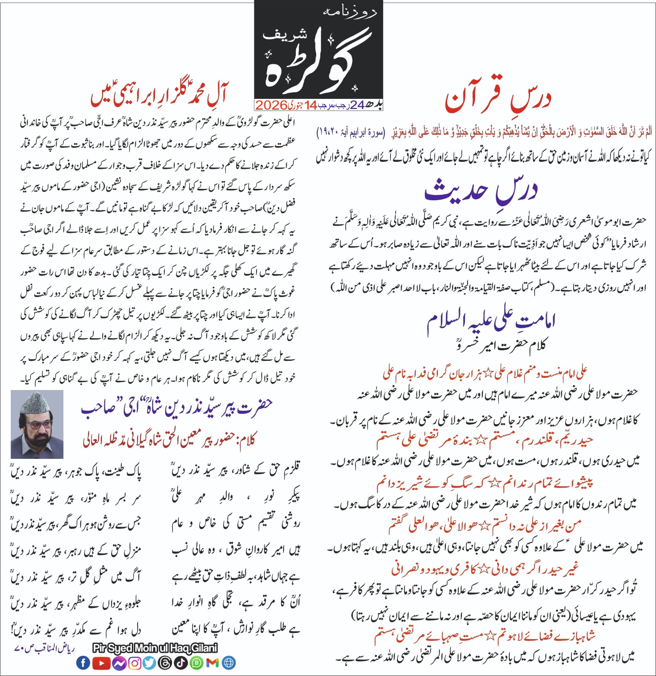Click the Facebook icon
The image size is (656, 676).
tap(83, 663)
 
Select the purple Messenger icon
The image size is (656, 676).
tap(119, 663)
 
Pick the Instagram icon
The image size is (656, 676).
tap(134, 663)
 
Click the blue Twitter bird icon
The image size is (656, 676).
tap(149, 663)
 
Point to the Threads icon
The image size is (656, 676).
tap(165, 663)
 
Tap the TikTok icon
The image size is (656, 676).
tap(181, 663)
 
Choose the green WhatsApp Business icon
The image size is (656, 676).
tap(197, 663)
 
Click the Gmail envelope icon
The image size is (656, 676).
tap(213, 663)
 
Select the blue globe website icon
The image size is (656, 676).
tap(229, 663)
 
